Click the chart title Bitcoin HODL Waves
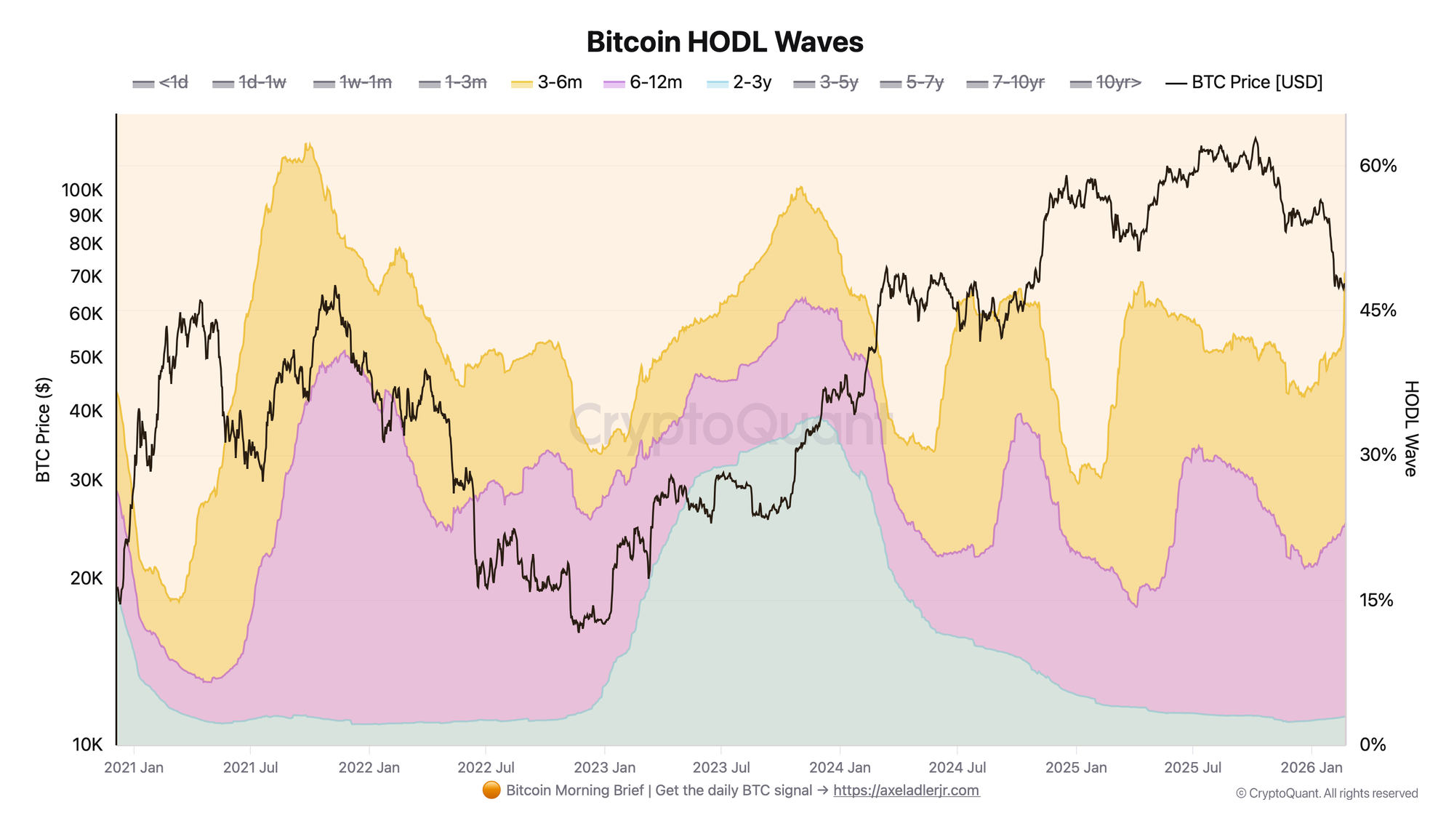coord(725,42)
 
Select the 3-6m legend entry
coord(547,82)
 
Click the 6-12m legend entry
coord(643,82)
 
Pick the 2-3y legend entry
coord(739,82)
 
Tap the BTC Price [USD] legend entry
coord(1245,82)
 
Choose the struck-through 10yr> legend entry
coord(1106,82)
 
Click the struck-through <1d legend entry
coord(161,82)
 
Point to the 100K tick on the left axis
coord(82,191)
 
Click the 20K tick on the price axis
coord(87,578)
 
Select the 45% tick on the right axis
coord(1378,310)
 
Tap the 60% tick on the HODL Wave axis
coord(1378,166)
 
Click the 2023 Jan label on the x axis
coord(604,767)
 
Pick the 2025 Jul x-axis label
coord(1192,767)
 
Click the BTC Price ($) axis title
coord(44,429)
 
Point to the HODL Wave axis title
coord(1410,429)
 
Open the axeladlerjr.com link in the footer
coord(906,790)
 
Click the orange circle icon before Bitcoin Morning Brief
coord(491,790)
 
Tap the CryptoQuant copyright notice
coord(1327,793)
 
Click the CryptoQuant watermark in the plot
coord(727,425)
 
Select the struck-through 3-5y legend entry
coord(826,82)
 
